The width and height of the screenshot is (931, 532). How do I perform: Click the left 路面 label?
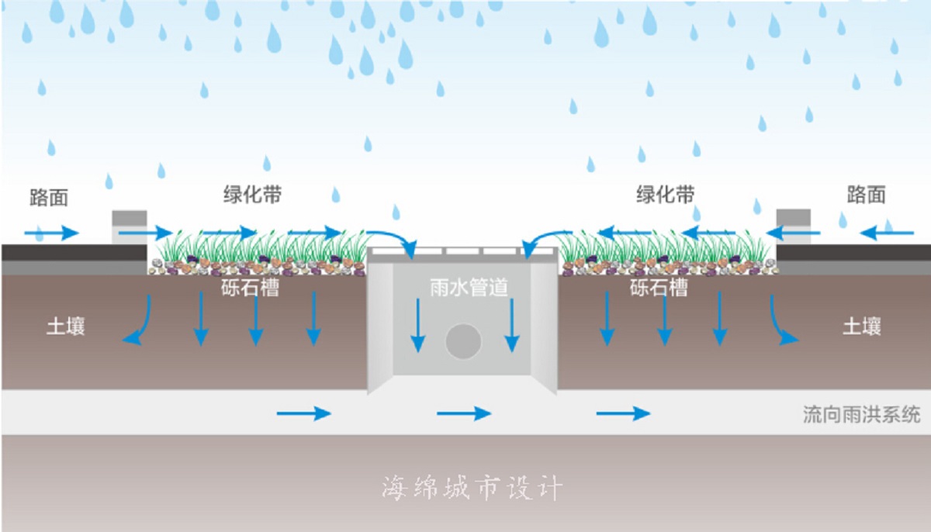[49, 198]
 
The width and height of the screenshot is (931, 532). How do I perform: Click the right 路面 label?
[866, 195]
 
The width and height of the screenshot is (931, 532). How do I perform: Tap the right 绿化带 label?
[665, 195]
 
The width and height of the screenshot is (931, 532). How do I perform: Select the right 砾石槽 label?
[659, 288]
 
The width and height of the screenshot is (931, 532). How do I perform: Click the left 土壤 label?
[66, 326]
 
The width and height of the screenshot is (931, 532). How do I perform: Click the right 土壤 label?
[862, 326]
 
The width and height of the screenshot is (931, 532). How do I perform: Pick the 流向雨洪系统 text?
[861, 414]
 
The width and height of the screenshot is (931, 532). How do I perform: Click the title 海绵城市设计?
[472, 488]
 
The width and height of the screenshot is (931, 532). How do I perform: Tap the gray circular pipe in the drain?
[464, 341]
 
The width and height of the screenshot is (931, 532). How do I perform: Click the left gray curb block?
[130, 226]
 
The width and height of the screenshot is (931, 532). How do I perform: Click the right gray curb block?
[793, 226]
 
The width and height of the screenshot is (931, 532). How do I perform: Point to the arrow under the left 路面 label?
[52, 233]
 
